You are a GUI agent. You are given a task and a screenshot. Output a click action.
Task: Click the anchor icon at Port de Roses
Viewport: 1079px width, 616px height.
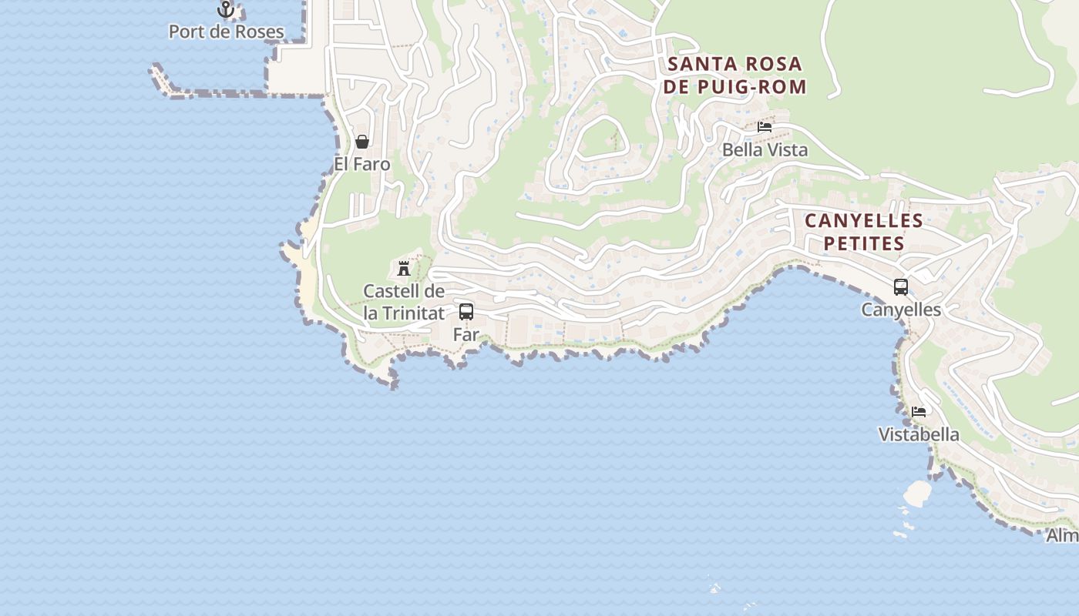point(226,9)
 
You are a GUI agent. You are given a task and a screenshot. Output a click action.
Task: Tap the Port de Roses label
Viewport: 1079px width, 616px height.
point(226,32)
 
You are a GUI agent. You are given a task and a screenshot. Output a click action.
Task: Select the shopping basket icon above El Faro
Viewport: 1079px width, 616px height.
point(362,142)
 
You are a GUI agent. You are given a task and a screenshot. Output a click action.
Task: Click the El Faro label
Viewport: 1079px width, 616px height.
point(362,165)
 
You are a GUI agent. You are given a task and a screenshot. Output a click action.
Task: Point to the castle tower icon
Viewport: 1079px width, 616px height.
point(404,268)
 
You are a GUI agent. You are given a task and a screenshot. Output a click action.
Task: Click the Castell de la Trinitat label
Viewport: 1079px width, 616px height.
point(404,303)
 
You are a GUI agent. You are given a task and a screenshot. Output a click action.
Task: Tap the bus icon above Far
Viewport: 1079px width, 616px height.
point(466,312)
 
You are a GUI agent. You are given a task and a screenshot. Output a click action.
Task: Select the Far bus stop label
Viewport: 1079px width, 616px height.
point(466,335)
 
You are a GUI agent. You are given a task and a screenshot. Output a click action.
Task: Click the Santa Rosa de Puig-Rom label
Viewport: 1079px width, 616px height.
point(734,75)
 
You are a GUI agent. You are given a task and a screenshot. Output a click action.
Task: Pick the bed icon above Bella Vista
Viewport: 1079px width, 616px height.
point(765,127)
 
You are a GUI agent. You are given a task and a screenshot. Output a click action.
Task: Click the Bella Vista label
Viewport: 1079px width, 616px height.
point(765,150)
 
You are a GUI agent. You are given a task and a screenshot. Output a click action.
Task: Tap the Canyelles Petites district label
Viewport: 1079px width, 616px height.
point(864,232)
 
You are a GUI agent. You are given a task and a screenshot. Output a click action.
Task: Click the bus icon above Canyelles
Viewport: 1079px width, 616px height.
point(901,287)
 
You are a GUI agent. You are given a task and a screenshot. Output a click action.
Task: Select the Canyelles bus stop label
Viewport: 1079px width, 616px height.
point(901,310)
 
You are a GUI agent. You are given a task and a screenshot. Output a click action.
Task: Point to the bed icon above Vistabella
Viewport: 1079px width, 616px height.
point(919,412)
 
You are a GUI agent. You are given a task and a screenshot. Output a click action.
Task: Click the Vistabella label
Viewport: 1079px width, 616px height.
point(919,435)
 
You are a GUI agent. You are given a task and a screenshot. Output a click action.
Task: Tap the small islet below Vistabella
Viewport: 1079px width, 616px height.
point(916,493)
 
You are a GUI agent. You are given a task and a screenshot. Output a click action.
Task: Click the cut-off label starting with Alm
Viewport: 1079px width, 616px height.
point(1063,536)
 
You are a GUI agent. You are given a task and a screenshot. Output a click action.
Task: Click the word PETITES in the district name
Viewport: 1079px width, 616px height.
point(864,243)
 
